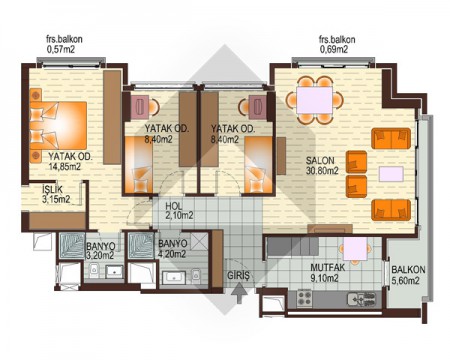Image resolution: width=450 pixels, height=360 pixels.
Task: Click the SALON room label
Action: coord(320,160)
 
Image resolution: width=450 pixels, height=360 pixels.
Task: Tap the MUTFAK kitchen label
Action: coord(327,267)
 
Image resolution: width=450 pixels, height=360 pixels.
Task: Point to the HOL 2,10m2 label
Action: coord(179,211)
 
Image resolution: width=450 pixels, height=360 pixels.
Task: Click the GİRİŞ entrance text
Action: coord(238,275)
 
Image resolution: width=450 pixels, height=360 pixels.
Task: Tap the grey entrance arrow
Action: coord(239,293)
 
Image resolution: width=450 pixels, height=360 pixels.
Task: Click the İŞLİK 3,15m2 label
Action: coord(56,194)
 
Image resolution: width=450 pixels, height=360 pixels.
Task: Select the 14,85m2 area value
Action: coord(65,167)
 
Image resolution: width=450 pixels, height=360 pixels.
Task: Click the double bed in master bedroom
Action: coord(58,125)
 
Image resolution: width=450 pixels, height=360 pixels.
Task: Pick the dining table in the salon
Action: coord(315,100)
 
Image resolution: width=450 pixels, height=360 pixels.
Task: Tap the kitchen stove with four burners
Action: coord(304,298)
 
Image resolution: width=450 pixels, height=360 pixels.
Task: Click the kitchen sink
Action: coord(361,299)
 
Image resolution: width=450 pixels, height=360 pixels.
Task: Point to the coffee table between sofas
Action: coord(391,174)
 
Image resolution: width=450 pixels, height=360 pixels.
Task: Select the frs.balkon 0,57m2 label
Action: coord(64,44)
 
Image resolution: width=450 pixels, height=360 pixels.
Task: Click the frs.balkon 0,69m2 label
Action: coord(337,44)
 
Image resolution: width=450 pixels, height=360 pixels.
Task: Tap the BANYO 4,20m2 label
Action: coord(172,249)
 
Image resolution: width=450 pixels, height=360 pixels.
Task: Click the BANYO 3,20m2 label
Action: coord(101,251)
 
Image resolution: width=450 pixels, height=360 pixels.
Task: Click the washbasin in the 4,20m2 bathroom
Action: coord(173,277)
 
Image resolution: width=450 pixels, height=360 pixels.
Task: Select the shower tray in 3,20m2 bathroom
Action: coord(72,246)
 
